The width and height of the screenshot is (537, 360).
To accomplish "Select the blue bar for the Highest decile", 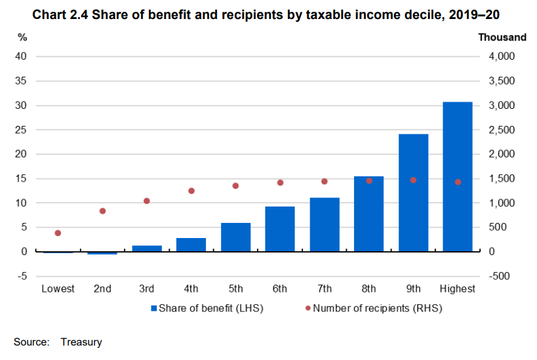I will coord(458,177).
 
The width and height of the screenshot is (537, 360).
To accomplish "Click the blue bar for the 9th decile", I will coord(413,193).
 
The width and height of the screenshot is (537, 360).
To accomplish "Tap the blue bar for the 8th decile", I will coord(368,214).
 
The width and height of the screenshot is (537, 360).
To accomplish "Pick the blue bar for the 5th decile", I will coord(235,237).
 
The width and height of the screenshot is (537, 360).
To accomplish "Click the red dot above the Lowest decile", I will coord(58,233).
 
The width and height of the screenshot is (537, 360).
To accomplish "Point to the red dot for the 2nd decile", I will coord(102,211).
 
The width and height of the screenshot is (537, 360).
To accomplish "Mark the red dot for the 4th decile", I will coord(191,191).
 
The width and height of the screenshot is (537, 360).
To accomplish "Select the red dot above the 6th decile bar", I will coord(280,182).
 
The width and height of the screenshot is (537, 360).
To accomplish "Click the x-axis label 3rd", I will coord(147,289).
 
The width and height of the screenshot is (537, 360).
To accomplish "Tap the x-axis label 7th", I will coord(325,289).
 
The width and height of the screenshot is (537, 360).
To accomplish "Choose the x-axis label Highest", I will coord(458,289).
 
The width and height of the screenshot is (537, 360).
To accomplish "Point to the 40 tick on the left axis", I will coord(21,56).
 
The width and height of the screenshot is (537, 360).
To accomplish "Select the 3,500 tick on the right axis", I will coord(502,81).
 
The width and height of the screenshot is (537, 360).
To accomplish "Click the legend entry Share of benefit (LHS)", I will coord(207,308).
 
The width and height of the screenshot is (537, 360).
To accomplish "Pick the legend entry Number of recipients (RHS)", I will coord(372,308).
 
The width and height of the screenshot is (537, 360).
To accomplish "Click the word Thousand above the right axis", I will coord(502,37).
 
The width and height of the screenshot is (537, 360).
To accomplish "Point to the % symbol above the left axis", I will coord(22,37).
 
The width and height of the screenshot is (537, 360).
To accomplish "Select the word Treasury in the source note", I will coord(81,342).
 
